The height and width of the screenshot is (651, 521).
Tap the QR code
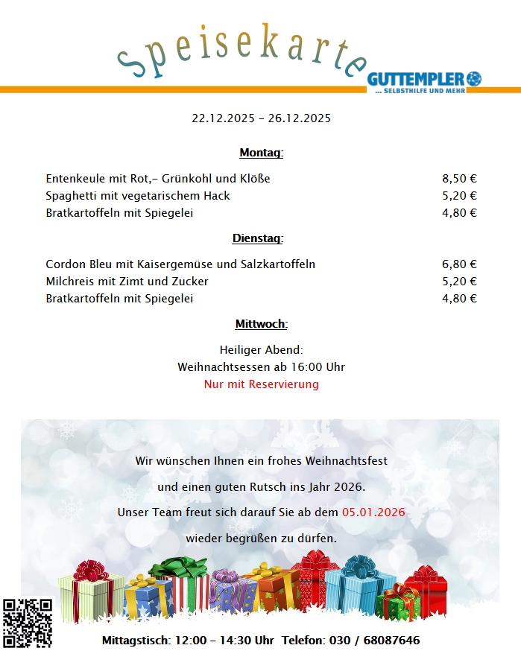click(x=28, y=622)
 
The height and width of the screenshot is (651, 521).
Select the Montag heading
click(x=261, y=153)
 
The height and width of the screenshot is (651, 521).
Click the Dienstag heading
click(x=258, y=238)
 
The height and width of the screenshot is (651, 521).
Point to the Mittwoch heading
click(x=261, y=324)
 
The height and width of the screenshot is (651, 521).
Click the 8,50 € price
click(x=459, y=179)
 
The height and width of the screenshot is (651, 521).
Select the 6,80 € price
click(x=459, y=264)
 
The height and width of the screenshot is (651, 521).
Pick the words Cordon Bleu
click(x=78, y=264)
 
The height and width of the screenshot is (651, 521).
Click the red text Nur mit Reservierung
click(x=261, y=384)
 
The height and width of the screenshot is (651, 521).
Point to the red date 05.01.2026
click(x=373, y=512)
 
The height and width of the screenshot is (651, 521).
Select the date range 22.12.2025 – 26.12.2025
click(x=261, y=118)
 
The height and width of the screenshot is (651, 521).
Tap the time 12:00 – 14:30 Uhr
click(x=224, y=641)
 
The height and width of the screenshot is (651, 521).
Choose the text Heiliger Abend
click(x=261, y=350)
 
